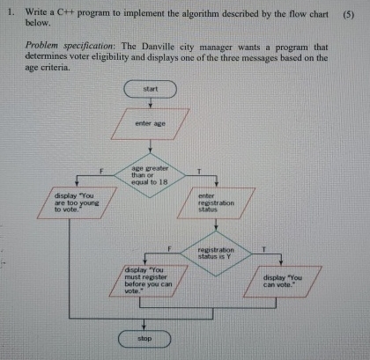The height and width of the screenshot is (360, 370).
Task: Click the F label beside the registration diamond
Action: pos(169,249)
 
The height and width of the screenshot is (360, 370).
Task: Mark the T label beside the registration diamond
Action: pos(262,249)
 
